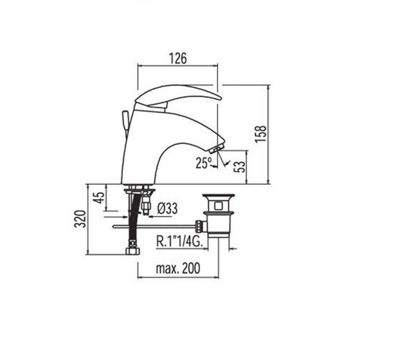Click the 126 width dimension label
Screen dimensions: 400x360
tap(178, 58)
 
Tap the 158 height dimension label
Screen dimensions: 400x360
tap(261, 134)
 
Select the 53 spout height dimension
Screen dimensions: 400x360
tap(240, 167)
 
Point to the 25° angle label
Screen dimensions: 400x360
tap(204, 163)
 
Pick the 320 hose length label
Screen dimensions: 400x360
tap(80, 219)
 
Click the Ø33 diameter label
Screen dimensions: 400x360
tap(168, 209)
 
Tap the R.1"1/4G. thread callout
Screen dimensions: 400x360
tap(180, 241)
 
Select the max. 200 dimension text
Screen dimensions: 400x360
tap(178, 268)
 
